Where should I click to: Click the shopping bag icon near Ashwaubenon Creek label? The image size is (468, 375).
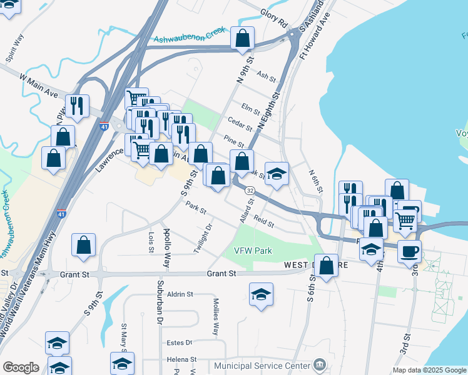[242, 39]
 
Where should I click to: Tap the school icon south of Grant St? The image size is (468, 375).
[261, 295]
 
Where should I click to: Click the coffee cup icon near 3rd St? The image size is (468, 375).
[409, 252]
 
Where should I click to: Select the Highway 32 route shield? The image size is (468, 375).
[250, 190]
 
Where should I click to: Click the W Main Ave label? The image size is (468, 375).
[38, 85]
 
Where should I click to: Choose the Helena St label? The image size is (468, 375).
[181, 360]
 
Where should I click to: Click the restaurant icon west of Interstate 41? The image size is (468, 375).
[77, 107]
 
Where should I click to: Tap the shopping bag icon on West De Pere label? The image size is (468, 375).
[326, 266]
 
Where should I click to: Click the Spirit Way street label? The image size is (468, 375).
[14, 47]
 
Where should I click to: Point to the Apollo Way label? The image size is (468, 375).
[166, 240]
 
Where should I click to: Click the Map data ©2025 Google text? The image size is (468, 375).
[429, 370]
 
